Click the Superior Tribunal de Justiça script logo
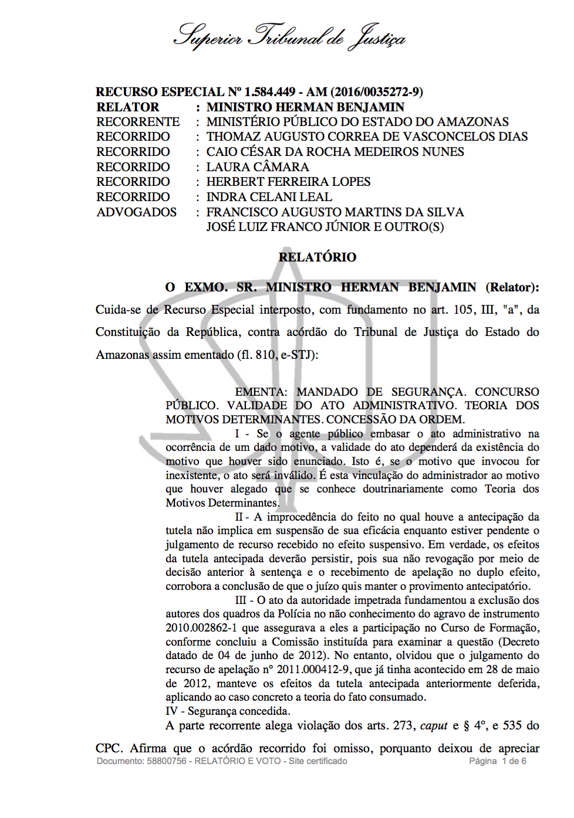click(289, 36)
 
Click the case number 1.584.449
click(270, 92)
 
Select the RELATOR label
click(128, 107)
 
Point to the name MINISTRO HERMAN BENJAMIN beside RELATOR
click(305, 107)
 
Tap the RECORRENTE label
click(138, 122)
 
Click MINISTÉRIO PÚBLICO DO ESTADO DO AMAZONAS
click(357, 122)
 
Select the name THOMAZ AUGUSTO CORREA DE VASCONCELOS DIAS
click(367, 137)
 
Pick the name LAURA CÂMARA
click(258, 167)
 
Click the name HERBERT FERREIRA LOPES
click(288, 182)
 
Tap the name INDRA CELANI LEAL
click(269, 197)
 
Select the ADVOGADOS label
click(137, 212)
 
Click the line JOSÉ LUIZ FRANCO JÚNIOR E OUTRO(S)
click(325, 227)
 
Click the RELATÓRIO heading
click(318, 257)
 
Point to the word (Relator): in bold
click(512, 287)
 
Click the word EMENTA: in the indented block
click(261, 392)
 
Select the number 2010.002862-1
click(201, 628)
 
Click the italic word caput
click(434, 726)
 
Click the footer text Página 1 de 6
click(498, 761)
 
